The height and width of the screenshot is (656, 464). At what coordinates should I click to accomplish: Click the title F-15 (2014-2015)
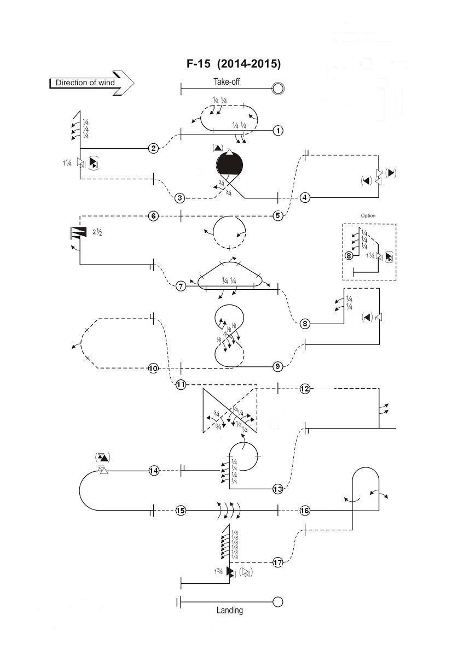[234, 64]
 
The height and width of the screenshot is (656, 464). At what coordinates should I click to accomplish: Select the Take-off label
[227, 82]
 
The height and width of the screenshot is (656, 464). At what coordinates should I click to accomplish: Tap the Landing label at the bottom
[230, 610]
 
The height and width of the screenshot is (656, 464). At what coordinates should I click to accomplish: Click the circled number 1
[278, 131]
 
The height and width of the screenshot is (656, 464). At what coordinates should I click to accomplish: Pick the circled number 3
[180, 198]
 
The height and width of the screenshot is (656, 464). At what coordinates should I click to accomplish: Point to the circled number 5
[278, 215]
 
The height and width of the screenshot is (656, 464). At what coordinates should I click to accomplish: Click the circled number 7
[181, 286]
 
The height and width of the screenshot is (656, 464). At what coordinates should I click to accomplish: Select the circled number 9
[277, 366]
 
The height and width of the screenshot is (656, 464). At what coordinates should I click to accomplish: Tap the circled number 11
[181, 385]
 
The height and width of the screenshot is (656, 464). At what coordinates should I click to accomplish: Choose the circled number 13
[277, 489]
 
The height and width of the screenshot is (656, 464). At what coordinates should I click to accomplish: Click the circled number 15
[181, 511]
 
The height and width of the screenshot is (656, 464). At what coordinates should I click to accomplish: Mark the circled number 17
[277, 562]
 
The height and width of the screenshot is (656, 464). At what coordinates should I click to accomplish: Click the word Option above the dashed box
[368, 215]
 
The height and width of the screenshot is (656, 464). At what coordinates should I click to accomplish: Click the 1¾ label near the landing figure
[219, 571]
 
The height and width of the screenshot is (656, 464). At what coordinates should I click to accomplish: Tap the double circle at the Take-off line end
[278, 88]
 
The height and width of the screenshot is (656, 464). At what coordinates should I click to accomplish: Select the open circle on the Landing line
[277, 602]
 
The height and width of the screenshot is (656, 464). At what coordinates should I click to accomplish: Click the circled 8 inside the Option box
[349, 255]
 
